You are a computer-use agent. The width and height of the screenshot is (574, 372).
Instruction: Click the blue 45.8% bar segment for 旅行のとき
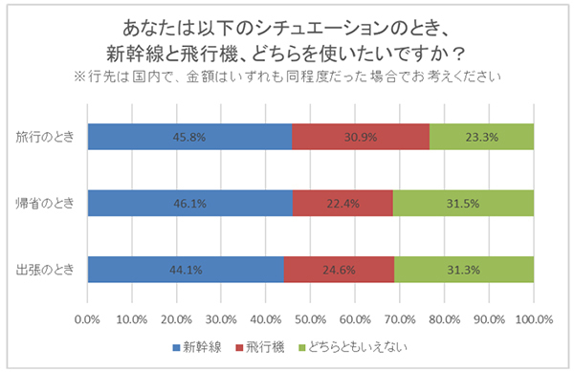[x=189, y=137]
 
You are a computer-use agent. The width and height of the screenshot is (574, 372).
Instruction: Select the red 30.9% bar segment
[x=361, y=137]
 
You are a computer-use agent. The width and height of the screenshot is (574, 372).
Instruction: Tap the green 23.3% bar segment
[x=481, y=137]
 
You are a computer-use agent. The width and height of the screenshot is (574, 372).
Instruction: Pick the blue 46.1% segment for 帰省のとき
[x=189, y=203]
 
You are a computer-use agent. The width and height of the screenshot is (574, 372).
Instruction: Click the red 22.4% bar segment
[x=342, y=203]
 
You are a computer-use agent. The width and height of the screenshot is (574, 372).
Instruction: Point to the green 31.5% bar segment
[x=463, y=203]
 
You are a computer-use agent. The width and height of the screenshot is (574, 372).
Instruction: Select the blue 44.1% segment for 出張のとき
[x=186, y=269]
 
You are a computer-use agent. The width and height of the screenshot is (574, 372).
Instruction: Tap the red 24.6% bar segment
[x=339, y=269]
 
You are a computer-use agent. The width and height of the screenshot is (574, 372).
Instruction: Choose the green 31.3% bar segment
[x=464, y=269]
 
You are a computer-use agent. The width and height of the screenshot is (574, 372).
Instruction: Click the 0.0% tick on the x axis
[x=87, y=318]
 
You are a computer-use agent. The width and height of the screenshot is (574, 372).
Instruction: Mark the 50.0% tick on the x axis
[x=310, y=318]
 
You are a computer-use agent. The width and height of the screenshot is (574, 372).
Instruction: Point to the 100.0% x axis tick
[x=533, y=318]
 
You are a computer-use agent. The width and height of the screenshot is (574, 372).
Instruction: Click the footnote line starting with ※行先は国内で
[x=286, y=74]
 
